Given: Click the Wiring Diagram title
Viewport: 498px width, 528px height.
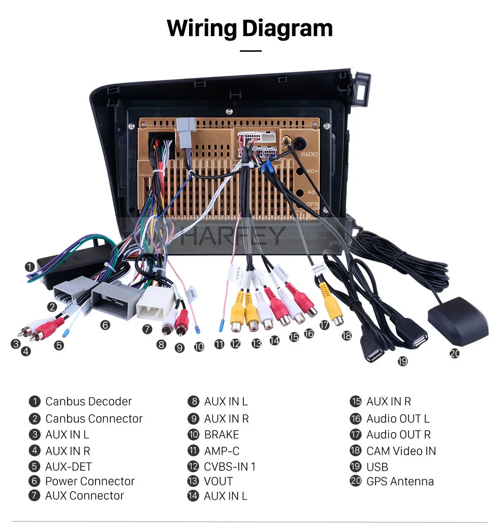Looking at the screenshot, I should point(250,28).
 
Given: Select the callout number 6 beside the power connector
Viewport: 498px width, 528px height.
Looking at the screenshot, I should point(105,325).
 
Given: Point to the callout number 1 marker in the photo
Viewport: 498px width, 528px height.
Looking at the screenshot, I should point(30,267).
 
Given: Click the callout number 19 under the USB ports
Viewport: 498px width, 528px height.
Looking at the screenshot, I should point(402,361).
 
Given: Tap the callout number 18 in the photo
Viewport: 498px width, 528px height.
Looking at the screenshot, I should point(347,336).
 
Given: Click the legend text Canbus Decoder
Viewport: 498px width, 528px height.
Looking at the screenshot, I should point(88,402).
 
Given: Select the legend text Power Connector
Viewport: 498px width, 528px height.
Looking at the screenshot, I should point(90,481).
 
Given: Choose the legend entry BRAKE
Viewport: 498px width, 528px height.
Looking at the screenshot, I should point(221,435).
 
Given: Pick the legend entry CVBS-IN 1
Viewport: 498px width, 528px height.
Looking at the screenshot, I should point(230,467).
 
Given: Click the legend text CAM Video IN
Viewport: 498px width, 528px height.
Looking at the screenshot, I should point(401,451).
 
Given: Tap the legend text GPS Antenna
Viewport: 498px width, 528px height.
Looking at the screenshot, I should point(400,481).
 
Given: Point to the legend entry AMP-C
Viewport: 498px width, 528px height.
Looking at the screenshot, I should point(222,451).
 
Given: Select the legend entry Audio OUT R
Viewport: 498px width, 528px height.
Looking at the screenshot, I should point(398,435).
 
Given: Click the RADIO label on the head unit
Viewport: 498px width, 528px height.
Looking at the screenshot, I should point(309,154).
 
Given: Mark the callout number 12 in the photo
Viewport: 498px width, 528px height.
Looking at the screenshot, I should point(235,344).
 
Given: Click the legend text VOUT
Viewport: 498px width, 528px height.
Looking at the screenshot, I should point(218,481).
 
